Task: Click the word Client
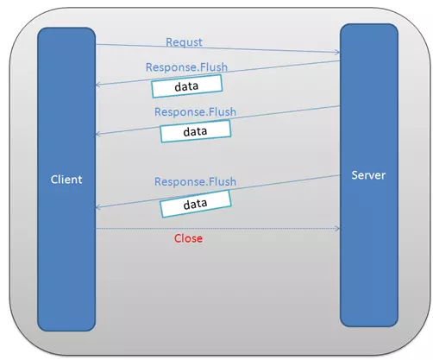click(x=66, y=180)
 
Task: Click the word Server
click(x=368, y=175)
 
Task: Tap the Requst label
click(x=184, y=42)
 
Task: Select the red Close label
click(x=188, y=238)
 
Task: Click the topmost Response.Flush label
click(x=186, y=67)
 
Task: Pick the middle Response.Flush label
click(x=195, y=111)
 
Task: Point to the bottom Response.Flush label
click(x=195, y=181)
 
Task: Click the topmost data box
click(x=187, y=86)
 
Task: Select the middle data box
click(x=196, y=131)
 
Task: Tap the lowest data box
click(x=196, y=204)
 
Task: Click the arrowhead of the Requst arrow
click(x=338, y=53)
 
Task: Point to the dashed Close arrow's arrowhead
click(x=338, y=229)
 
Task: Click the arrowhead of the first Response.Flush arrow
click(x=97, y=85)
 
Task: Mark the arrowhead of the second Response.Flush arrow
click(x=97, y=134)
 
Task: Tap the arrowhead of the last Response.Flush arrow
click(x=97, y=207)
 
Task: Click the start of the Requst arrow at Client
click(x=96, y=44)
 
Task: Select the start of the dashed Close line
click(x=96, y=229)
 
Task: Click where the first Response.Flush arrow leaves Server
click(x=340, y=61)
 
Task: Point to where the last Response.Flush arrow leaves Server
click(x=340, y=175)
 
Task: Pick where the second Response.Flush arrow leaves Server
click(x=340, y=106)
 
